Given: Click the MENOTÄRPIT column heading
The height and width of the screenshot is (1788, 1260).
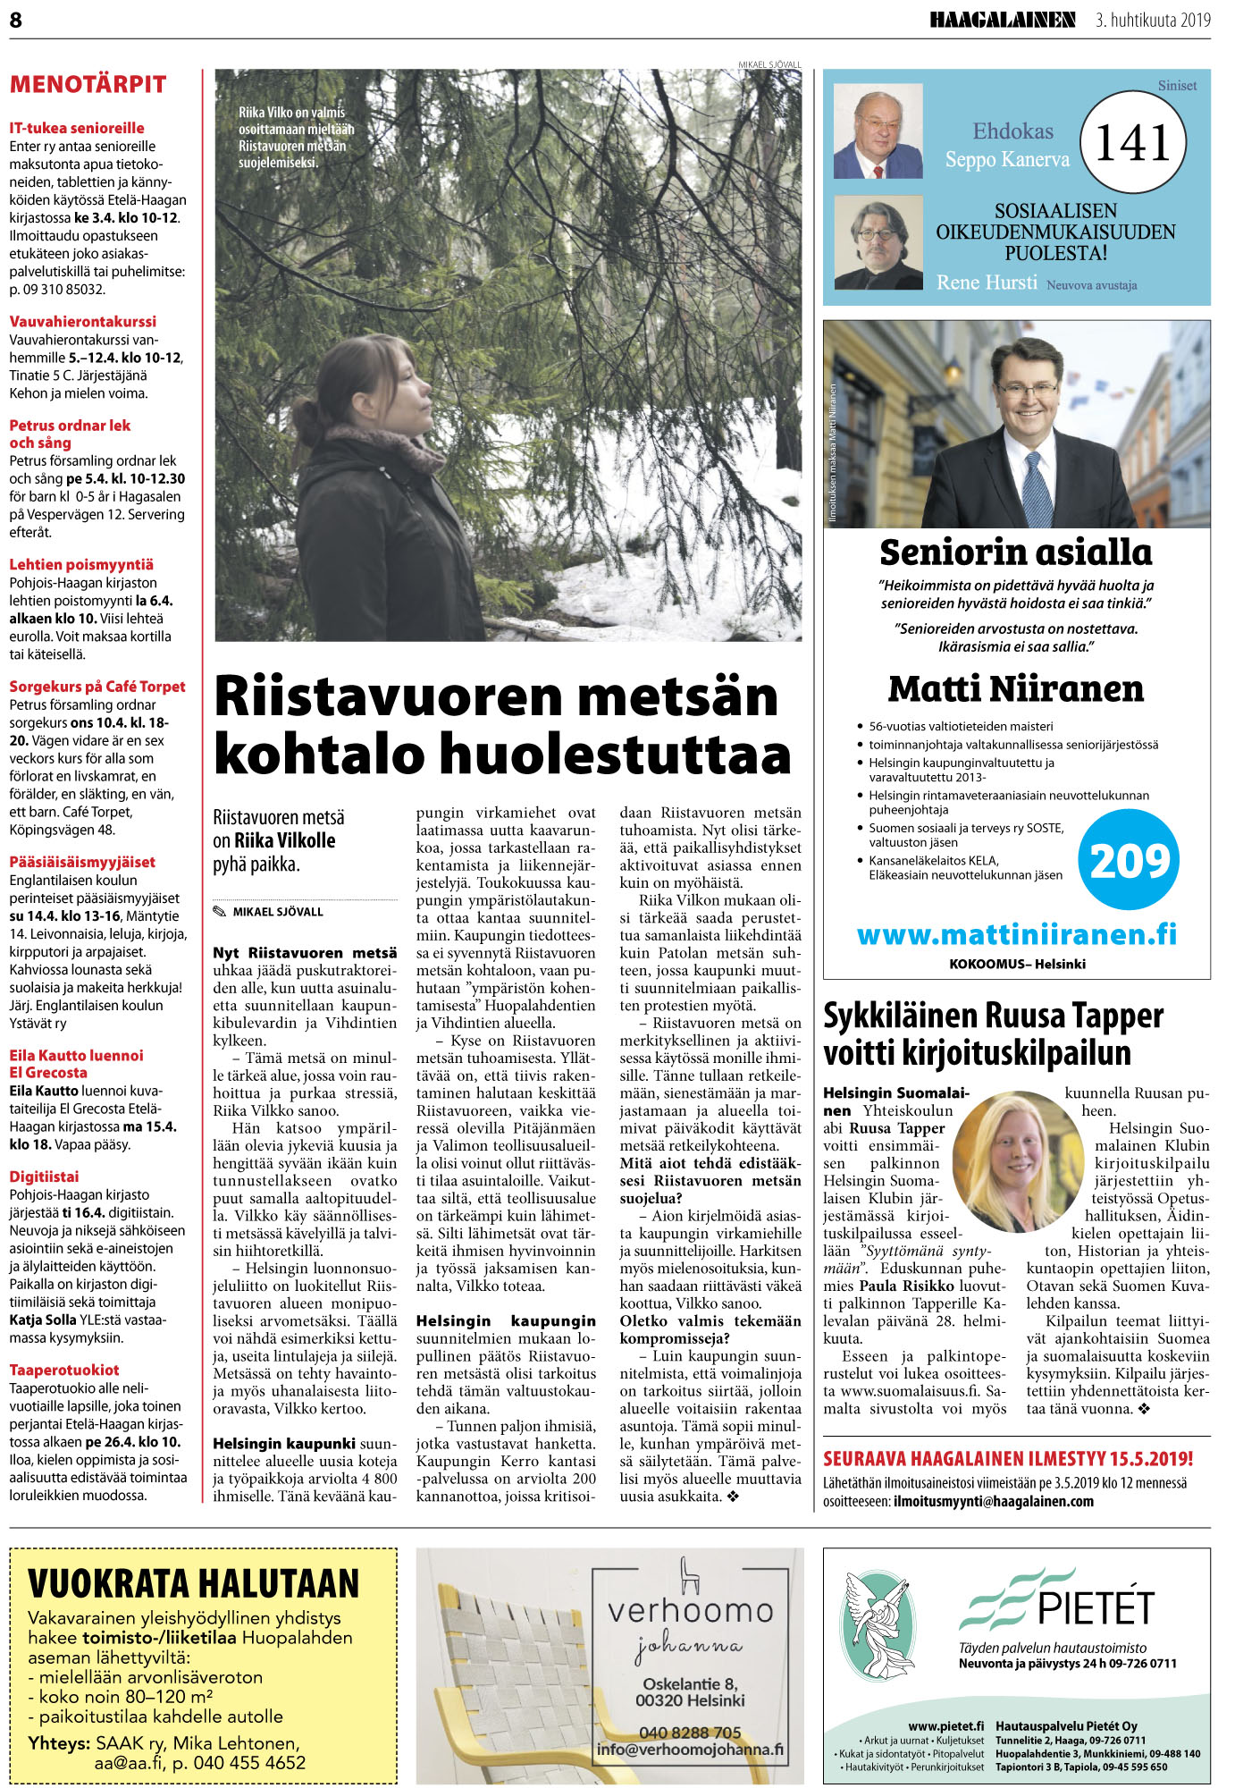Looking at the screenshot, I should tap(88, 85).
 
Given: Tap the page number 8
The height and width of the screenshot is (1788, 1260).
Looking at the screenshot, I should tap(15, 20).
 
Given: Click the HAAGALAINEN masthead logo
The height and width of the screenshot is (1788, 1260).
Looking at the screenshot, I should tap(1002, 20).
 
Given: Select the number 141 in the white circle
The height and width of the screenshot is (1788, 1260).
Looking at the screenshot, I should tap(1132, 143).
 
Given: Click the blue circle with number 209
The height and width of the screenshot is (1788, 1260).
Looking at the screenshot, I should tap(1130, 860).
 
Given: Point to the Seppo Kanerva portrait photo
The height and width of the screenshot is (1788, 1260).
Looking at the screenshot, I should tap(878, 131).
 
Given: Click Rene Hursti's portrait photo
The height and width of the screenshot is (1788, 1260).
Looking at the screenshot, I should tap(878, 242).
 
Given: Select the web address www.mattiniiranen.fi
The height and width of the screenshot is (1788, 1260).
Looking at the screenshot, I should tap(1016, 934).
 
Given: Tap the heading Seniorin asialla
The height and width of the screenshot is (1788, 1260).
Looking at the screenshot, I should tap(1016, 552).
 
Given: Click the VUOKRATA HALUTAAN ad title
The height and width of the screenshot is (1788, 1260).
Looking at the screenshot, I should tap(193, 1584).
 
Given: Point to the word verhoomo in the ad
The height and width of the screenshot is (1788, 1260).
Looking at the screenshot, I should tap(690, 1611).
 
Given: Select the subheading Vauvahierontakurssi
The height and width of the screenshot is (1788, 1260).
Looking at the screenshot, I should tap(82, 322).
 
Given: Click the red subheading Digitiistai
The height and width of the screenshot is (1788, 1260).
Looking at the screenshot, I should tap(44, 1177).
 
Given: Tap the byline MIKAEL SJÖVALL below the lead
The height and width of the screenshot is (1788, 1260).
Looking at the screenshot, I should tap(277, 912).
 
